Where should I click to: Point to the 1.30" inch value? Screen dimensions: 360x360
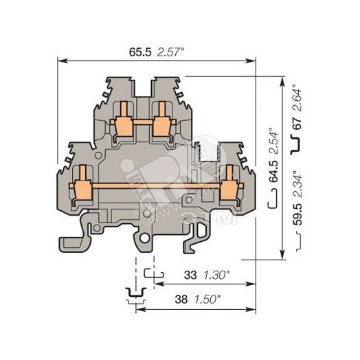coord(219,274)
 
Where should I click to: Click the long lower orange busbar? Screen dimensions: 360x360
coord(155,185)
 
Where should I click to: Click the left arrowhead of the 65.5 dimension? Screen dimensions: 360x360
coord(60,60)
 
